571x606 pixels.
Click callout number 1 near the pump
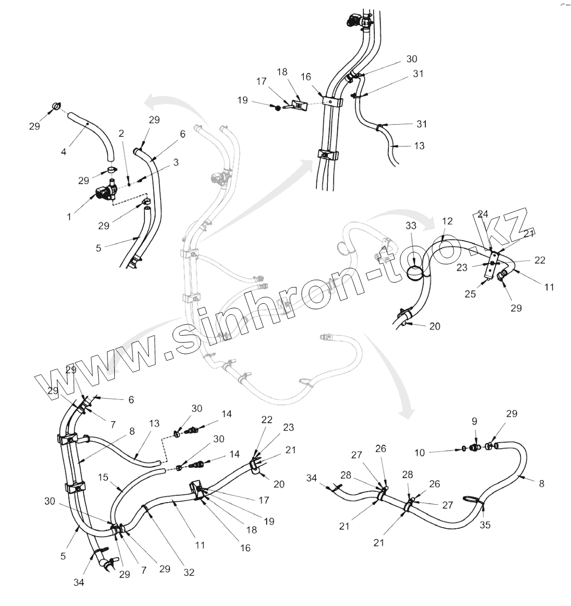(x=69, y=217)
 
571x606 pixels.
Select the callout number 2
(x=121, y=134)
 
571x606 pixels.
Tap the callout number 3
(x=176, y=162)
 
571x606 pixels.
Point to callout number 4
(x=64, y=152)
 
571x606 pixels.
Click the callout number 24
(x=482, y=214)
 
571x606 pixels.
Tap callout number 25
(x=470, y=294)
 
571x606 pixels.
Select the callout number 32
(x=189, y=572)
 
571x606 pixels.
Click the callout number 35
(x=485, y=525)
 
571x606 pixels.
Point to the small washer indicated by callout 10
(x=463, y=448)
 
